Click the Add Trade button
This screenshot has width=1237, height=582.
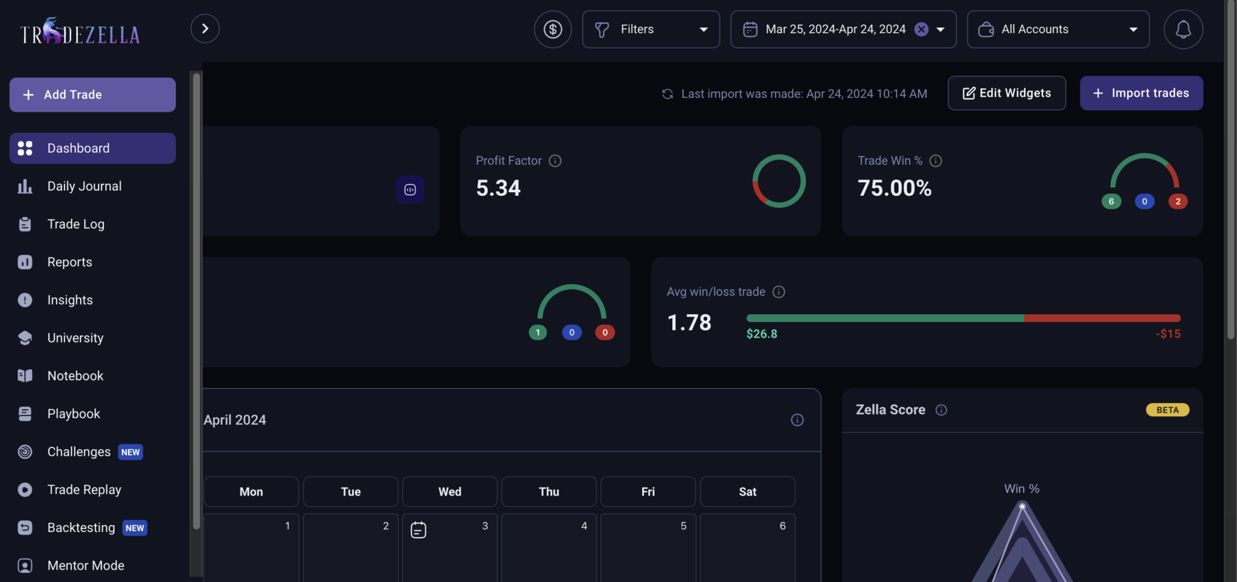92,95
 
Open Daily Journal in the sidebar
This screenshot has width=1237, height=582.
84,186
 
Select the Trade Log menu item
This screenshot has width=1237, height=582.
76,224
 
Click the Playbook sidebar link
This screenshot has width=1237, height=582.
74,414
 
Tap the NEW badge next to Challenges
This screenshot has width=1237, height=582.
130,452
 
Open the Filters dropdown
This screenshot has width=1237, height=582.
651,29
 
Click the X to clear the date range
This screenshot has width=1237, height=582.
921,29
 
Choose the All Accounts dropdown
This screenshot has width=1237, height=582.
1058,29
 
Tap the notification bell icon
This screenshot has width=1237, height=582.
1183,29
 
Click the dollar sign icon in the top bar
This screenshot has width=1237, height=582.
553,29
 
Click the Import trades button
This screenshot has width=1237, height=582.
1141,93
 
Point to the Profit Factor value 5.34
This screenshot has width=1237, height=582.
498,188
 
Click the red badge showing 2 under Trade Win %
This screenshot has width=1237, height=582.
1178,201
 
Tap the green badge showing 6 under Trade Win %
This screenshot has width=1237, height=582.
1111,201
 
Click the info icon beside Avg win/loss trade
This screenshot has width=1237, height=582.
779,292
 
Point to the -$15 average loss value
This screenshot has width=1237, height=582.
1168,334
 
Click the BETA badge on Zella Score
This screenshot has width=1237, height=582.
1168,410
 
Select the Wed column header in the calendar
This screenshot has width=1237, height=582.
450,491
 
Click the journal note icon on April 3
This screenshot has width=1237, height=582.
419,530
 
